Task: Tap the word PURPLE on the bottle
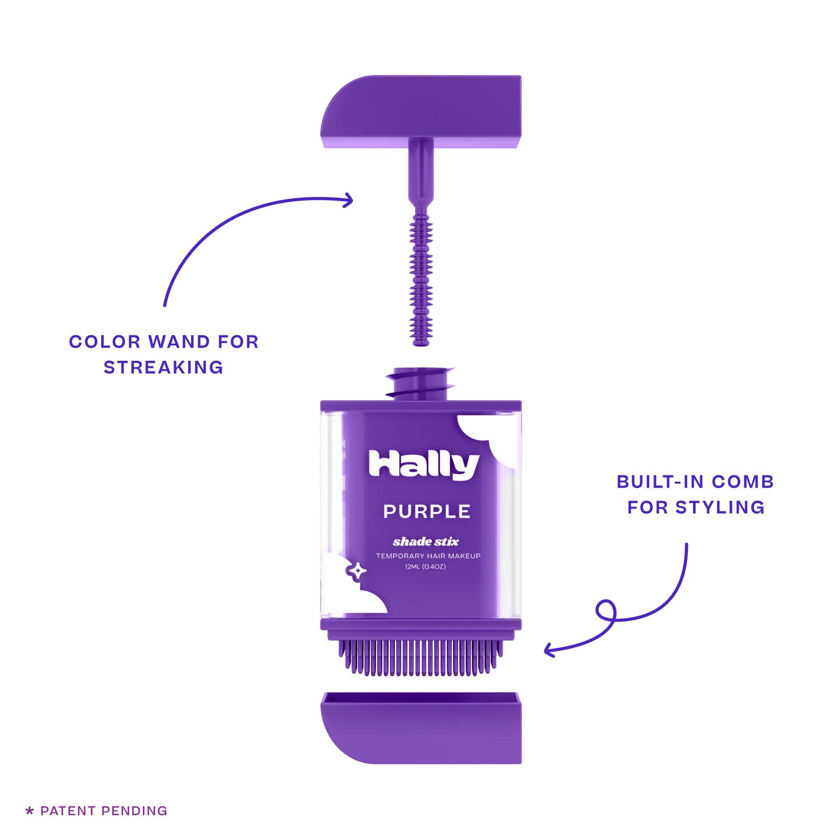[427, 511]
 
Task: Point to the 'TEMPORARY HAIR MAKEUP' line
[428, 556]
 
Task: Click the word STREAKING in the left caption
[163, 367]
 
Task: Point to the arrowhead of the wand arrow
[348, 200]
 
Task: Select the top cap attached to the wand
[420, 112]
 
